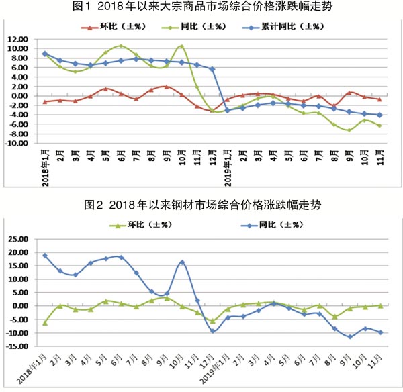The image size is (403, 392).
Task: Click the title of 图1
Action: [201, 8]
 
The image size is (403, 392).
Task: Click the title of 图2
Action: [201, 205]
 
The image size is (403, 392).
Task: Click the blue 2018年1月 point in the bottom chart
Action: [45, 256]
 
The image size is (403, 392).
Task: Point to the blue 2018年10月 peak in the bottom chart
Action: [182, 262]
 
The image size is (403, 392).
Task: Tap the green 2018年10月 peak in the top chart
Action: [182, 46]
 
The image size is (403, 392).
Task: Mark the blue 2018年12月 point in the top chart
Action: [212, 69]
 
